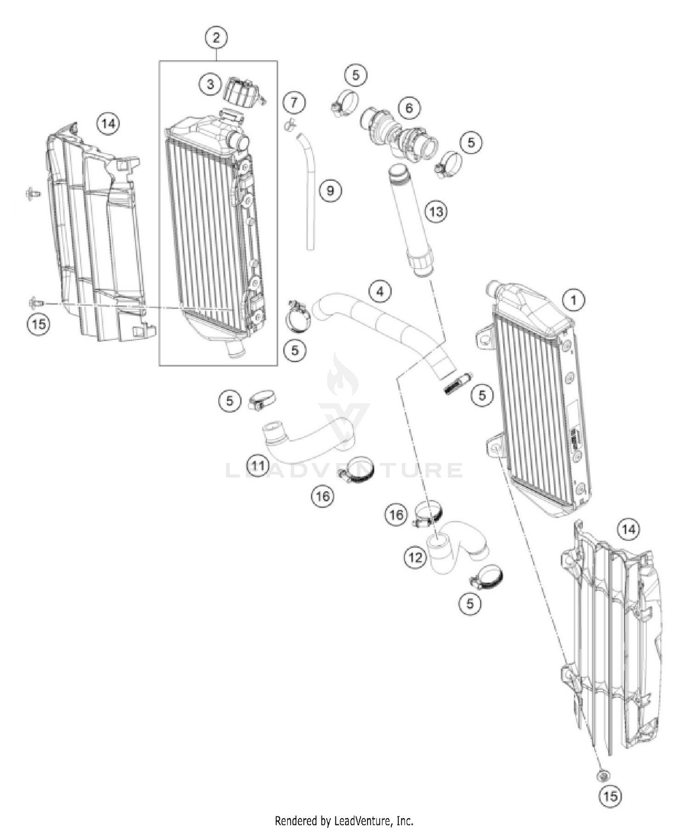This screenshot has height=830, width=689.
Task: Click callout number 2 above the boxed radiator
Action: [x=216, y=37]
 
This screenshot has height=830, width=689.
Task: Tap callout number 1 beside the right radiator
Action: [x=573, y=300]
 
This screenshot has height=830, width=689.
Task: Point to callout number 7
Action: [x=294, y=102]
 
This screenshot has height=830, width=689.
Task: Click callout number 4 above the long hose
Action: [x=380, y=291]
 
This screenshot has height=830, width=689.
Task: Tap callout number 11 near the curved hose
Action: [x=258, y=466]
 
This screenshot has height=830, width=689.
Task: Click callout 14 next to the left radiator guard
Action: [x=108, y=123]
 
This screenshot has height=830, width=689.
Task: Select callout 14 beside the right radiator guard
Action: [x=628, y=529]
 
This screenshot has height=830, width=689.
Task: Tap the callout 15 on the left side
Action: [x=39, y=324]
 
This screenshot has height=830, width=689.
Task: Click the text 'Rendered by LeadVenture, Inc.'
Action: [x=344, y=820]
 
